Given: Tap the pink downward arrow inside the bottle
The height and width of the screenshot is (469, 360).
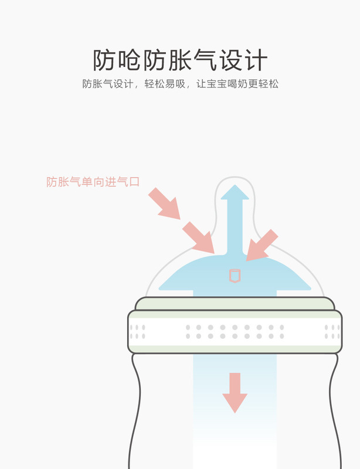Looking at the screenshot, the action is pyautogui.click(x=235, y=392).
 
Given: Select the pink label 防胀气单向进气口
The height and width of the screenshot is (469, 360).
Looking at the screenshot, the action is pyautogui.click(x=93, y=182).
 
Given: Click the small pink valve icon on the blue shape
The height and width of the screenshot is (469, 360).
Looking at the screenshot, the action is pyautogui.click(x=235, y=275).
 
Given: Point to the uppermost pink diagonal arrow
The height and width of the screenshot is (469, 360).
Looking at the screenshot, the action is pyautogui.click(x=164, y=203).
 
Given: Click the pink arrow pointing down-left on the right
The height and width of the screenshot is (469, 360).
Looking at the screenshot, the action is pyautogui.click(x=261, y=244).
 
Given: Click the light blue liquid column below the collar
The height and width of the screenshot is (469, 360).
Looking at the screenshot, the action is pyautogui.click(x=235, y=434).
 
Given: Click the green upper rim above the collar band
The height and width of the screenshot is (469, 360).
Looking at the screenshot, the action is pyautogui.click(x=235, y=304).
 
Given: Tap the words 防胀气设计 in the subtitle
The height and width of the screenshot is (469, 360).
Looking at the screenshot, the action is pyautogui.click(x=109, y=84).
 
